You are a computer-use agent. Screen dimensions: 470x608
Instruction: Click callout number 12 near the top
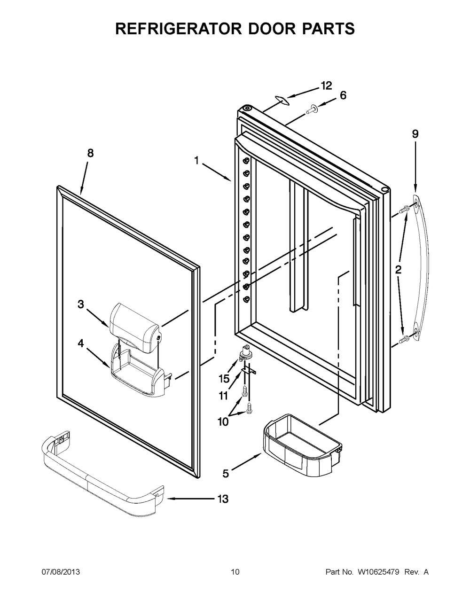[x=326, y=86]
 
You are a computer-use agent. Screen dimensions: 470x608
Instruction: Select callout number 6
[x=343, y=95]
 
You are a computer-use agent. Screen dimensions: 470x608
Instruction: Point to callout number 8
[x=90, y=153]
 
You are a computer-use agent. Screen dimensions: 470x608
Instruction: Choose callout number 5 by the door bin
[x=226, y=474]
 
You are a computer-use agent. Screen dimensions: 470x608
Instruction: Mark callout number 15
[x=224, y=379]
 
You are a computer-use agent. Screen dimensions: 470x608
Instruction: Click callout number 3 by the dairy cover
[x=81, y=304]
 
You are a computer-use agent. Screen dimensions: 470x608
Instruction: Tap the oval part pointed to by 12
[x=281, y=100]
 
